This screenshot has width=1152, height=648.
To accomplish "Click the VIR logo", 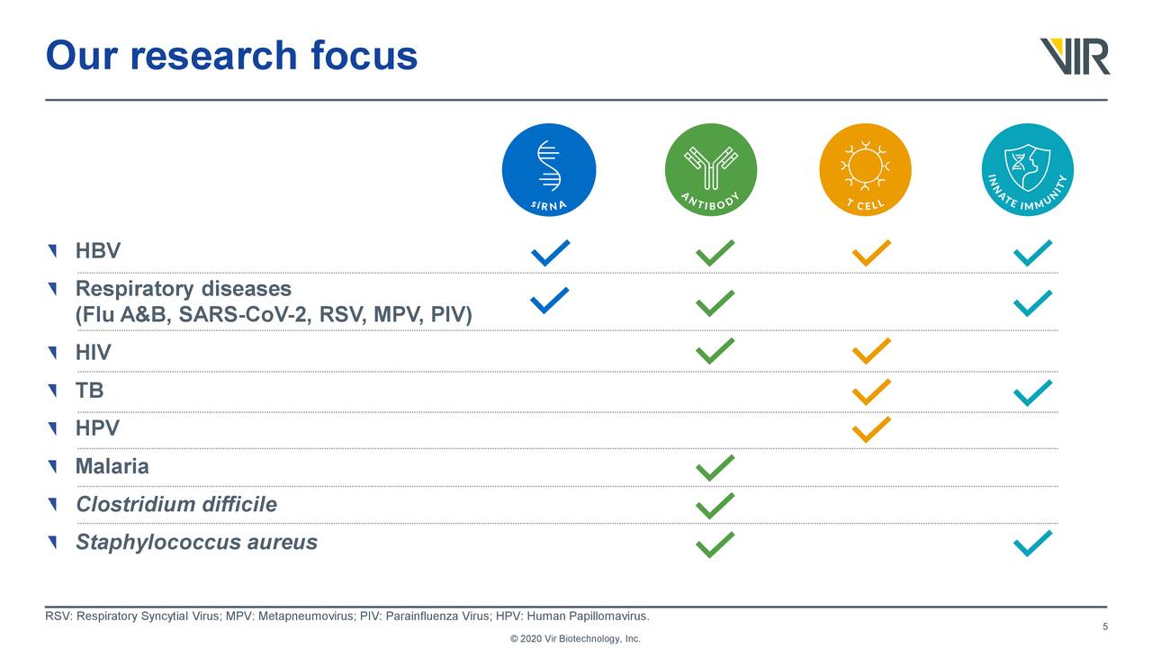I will click(1075, 56).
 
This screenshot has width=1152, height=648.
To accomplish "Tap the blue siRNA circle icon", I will click(549, 170).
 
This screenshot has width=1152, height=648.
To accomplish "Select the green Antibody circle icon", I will click(711, 170).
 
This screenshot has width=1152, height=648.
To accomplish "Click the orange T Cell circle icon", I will click(865, 170).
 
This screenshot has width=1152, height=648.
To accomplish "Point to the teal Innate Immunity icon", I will click(1027, 170).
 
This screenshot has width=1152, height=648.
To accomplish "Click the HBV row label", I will click(98, 251).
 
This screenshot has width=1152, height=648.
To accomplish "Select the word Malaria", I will click(112, 467).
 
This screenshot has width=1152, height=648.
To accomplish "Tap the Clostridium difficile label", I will click(176, 505).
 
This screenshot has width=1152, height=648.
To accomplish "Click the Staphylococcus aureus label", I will click(196, 543).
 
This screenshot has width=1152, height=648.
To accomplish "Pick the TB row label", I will click(90, 391).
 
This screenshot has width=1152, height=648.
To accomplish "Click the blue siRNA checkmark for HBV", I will click(550, 253).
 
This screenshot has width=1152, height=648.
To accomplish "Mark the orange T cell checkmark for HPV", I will click(871, 429).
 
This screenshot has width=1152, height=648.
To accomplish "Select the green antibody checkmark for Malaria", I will click(715, 468).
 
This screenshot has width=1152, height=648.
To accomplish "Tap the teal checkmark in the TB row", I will click(1032, 392).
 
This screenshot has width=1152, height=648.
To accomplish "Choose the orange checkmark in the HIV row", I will click(871, 351).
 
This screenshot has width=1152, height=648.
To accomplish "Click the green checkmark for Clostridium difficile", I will click(715, 506).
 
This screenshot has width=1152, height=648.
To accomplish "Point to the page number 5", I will click(1104, 627).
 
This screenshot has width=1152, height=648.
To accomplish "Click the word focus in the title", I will click(364, 56).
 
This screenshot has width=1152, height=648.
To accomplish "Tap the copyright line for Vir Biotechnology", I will click(575, 639).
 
